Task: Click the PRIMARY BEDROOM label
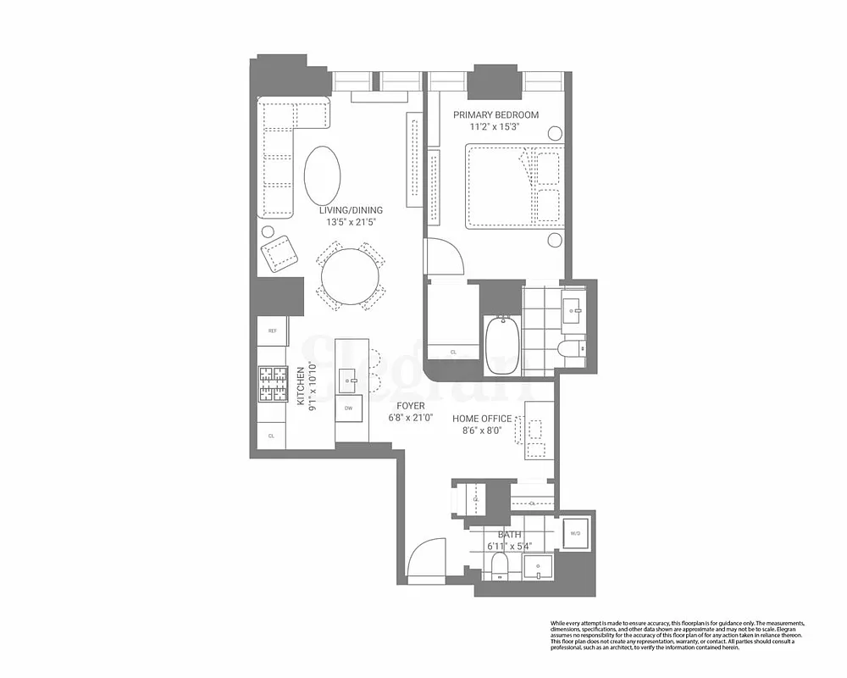click(495, 115)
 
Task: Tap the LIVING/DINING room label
click(351, 210)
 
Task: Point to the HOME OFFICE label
click(482, 419)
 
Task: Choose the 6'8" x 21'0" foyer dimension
click(410, 418)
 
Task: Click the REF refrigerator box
click(273, 331)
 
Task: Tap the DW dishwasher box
click(347, 408)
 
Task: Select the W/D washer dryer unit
click(575, 533)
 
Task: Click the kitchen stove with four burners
click(273, 384)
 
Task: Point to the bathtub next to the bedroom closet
click(505, 345)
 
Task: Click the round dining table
click(350, 277)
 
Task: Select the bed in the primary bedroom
click(513, 186)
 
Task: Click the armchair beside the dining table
click(280, 253)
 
